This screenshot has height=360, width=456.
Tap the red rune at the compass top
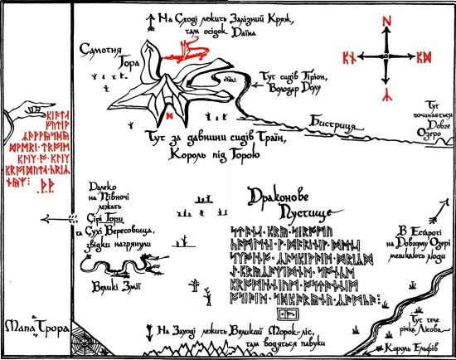(x=385, y=21)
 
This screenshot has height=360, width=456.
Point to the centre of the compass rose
(x=385, y=56)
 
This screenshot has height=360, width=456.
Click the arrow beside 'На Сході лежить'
(x=150, y=20)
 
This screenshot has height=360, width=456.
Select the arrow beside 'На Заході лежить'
(x=149, y=329)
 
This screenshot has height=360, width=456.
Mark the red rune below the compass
(x=385, y=91)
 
